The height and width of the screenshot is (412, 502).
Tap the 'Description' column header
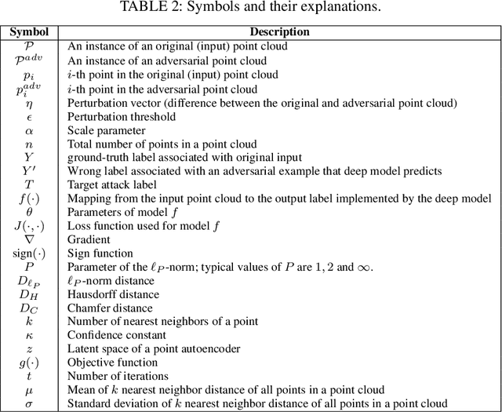[279, 32]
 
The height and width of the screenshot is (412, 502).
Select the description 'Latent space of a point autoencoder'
[155, 348]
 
